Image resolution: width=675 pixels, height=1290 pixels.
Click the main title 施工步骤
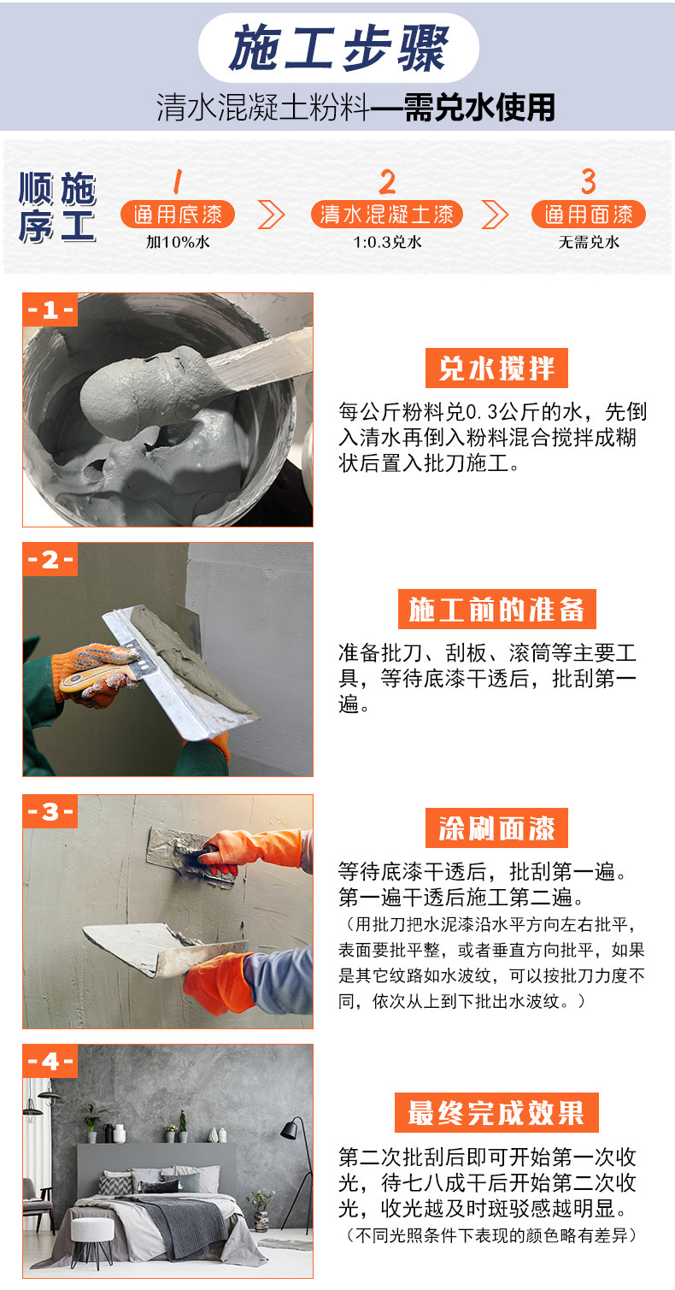pyautogui.click(x=338, y=49)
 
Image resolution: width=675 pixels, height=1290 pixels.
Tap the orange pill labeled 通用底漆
pyautogui.click(x=177, y=215)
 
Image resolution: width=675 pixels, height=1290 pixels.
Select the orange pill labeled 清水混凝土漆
pyautogui.click(x=387, y=215)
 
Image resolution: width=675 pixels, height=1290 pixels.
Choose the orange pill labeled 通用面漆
pyautogui.click(x=588, y=215)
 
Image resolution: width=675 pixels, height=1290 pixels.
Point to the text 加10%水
pyautogui.click(x=177, y=242)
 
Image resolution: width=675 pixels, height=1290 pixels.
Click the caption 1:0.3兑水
pyautogui.click(x=387, y=242)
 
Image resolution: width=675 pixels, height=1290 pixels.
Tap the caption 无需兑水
pyautogui.click(x=588, y=242)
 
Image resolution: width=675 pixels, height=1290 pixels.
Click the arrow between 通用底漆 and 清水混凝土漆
pyautogui.click(x=272, y=215)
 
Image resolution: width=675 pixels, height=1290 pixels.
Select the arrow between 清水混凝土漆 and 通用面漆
pyautogui.click(x=495, y=215)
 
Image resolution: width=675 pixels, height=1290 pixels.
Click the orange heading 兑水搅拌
pyautogui.click(x=496, y=368)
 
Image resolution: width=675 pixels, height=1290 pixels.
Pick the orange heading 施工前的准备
pyautogui.click(x=496, y=610)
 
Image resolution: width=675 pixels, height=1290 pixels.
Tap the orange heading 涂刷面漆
pyautogui.click(x=496, y=828)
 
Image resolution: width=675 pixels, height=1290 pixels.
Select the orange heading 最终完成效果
pyautogui.click(x=496, y=1112)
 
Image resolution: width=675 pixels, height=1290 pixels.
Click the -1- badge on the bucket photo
pyautogui.click(x=50, y=309)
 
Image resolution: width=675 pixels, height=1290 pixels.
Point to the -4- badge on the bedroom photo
pyautogui.click(x=50, y=1061)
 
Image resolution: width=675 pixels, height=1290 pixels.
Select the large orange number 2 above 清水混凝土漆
pyautogui.click(x=387, y=181)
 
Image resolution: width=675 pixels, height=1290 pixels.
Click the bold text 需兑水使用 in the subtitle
pyautogui.click(x=479, y=108)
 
